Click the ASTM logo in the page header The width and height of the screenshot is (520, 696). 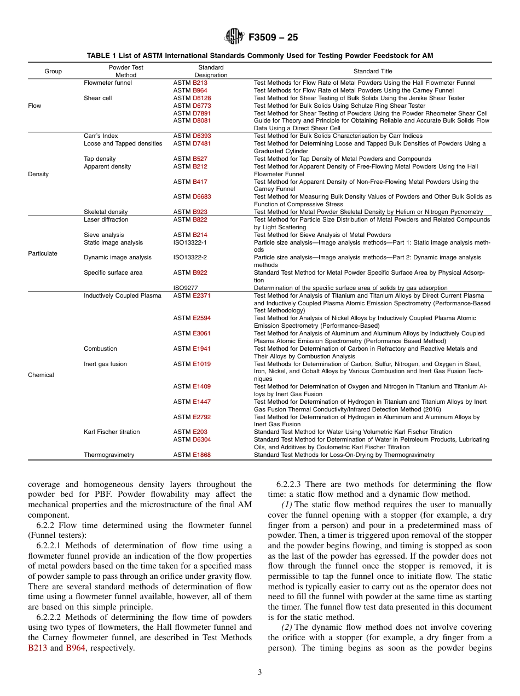[233, 37]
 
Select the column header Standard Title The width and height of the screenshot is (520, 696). [373, 71]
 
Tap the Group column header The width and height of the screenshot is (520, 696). [53, 71]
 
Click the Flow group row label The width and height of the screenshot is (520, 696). [34, 106]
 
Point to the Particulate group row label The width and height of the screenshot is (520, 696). [43, 253]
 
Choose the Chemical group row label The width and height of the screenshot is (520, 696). [41, 375]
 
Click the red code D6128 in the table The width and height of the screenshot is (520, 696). [201, 98]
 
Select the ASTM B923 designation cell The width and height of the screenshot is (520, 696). [190, 212]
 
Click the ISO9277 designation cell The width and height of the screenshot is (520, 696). [186, 288]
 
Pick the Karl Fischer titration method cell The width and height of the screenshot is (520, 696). [112, 432]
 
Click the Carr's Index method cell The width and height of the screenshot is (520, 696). [101, 136]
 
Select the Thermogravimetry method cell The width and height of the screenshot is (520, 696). [109, 455]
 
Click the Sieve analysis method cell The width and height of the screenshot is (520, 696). [104, 235]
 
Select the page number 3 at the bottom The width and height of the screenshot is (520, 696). [259, 672]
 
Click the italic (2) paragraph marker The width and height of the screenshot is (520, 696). [287, 627]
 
